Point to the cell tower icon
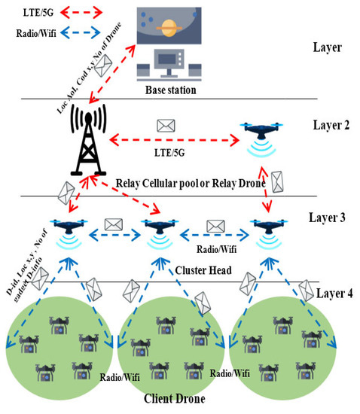[x=91, y=141]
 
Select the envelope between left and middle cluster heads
[x=114, y=224]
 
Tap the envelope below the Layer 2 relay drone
[x=278, y=181]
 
